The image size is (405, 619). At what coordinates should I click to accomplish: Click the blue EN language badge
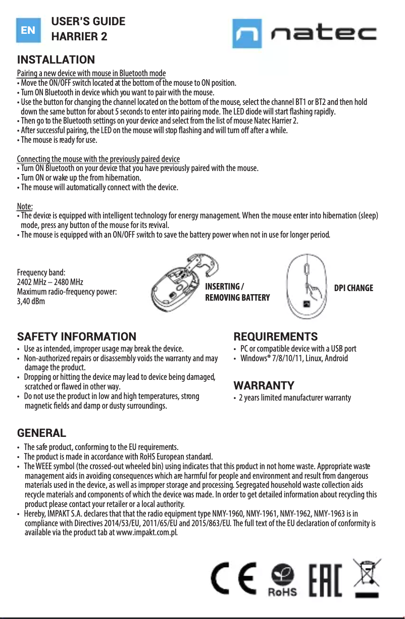28,30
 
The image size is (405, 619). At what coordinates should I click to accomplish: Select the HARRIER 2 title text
80,37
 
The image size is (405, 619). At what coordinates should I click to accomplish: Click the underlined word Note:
25,207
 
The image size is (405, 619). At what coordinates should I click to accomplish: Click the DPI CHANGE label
353,288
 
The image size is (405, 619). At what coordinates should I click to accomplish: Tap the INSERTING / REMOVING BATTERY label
237,292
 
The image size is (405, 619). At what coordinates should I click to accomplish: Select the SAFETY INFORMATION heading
77,336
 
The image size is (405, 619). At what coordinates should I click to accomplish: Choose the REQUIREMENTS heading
275,336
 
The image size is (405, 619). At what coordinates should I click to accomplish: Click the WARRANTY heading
264,386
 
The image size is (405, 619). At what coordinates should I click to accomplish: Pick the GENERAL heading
41,433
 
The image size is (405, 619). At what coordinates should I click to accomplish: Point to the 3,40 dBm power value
31,302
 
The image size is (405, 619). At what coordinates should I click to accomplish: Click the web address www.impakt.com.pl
146,533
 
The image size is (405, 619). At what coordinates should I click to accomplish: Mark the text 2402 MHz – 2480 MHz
50,282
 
